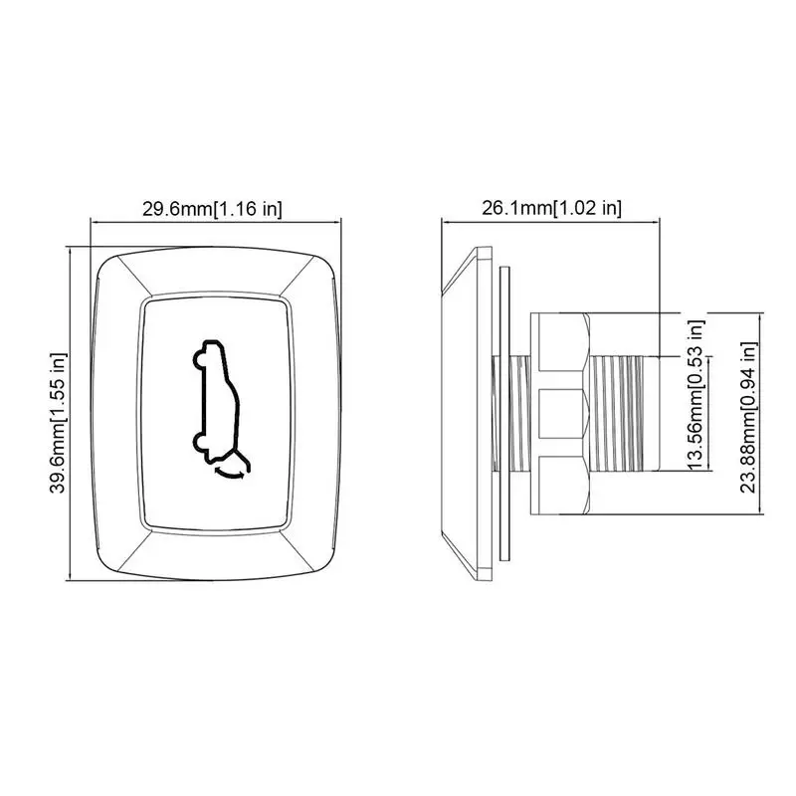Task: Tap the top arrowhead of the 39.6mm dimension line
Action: (70, 251)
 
